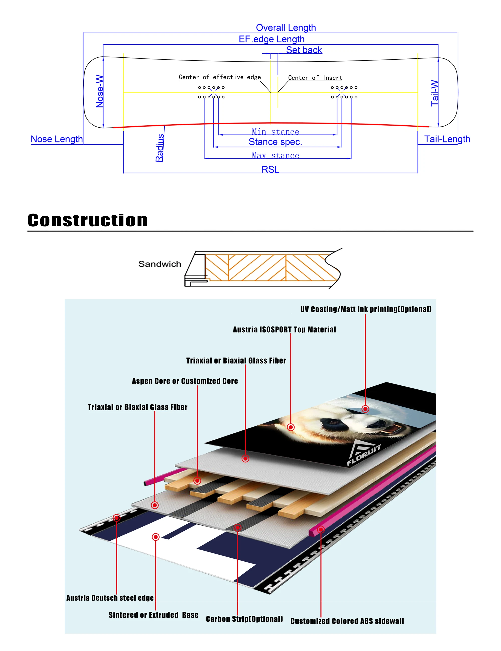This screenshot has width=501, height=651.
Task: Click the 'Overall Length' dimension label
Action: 286,28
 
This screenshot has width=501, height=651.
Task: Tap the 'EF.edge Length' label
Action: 272,39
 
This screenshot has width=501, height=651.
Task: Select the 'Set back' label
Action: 304,50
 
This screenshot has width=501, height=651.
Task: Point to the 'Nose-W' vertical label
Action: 100,91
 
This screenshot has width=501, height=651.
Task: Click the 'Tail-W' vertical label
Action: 435,93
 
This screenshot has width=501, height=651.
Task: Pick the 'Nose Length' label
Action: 57,139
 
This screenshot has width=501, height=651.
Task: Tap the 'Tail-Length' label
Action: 447,139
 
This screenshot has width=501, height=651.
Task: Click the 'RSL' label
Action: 270,169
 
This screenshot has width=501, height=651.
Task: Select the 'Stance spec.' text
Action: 275,142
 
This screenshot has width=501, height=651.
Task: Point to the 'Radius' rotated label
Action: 160,148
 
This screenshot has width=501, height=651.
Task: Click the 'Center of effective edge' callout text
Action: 220,77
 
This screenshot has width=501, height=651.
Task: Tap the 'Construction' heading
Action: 87,220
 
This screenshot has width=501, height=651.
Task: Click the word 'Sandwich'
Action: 160,264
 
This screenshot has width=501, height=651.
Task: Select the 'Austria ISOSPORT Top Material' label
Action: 284,329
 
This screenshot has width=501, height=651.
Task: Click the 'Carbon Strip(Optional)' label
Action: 244,619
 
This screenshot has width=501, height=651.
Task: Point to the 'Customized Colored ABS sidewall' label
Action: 347,621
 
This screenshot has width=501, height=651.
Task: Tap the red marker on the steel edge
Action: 116,518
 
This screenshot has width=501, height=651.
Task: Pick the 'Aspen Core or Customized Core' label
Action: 185,381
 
